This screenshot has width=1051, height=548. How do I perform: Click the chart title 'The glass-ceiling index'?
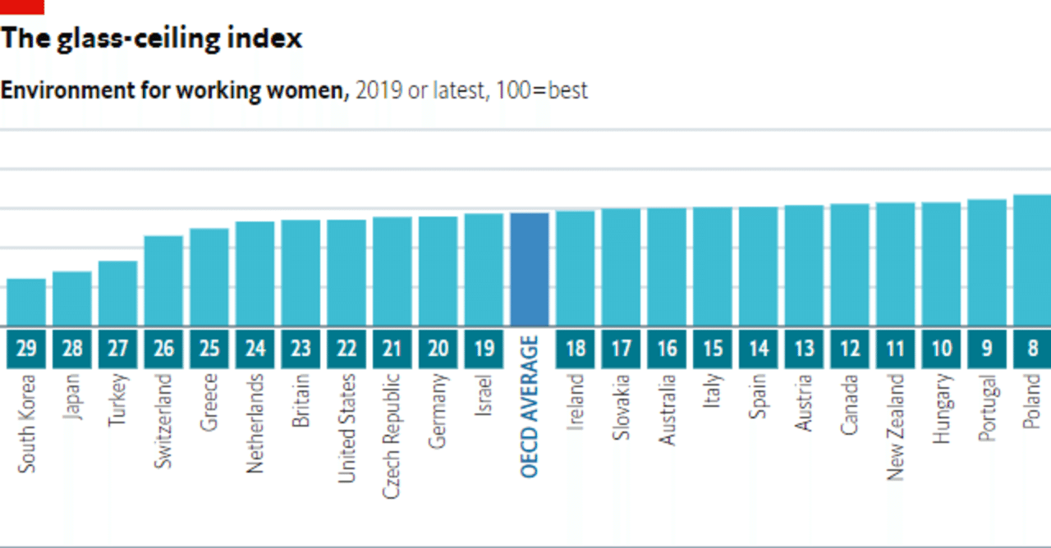[152, 39]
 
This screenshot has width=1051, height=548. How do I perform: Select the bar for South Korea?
[26, 302]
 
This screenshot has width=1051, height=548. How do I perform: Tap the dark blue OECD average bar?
[530, 269]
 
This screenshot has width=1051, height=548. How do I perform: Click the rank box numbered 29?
[26, 349]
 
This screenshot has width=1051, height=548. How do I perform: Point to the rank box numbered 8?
[1032, 349]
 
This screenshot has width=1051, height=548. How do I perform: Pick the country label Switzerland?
[164, 422]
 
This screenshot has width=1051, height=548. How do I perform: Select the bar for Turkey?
[117, 293]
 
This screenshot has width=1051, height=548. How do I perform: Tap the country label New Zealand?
[896, 427]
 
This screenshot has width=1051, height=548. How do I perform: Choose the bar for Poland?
[1032, 260]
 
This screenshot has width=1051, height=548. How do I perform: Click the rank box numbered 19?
[484, 349]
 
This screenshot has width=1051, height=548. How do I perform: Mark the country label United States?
[347, 428]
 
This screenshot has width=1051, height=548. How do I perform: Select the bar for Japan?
[72, 299]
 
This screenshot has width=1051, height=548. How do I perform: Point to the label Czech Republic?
[392, 436]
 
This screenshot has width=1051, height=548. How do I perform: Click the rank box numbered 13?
[805, 349]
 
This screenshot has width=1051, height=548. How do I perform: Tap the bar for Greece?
[209, 276]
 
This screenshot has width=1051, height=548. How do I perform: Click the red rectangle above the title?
[22, 7]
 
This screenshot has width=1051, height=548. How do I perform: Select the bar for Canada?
[850, 264]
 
